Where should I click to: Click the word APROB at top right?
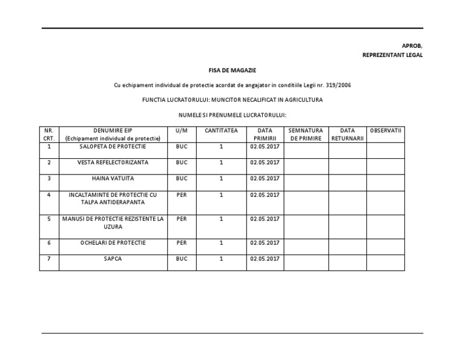point(412,45)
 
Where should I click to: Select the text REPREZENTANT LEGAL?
point(392,55)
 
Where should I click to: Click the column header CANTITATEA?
point(222,130)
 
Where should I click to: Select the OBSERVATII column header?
point(386,130)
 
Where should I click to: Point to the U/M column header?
point(182,130)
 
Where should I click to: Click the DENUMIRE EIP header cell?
point(113,134)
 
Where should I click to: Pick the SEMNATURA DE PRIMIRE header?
point(306,134)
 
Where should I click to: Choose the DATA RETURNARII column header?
point(348,134)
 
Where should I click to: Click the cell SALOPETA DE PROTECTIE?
point(113,147)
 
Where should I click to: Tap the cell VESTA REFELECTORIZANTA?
point(113,162)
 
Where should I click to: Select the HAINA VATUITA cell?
point(113,178)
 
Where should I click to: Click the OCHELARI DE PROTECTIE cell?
point(113,242)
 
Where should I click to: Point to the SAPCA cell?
point(113,258)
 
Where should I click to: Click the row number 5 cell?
point(49,219)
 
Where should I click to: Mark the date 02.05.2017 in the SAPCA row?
point(264,258)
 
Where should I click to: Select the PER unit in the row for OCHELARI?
point(182,242)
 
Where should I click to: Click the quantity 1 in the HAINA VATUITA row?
point(222,178)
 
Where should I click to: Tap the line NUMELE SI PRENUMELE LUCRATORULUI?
point(232,115)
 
